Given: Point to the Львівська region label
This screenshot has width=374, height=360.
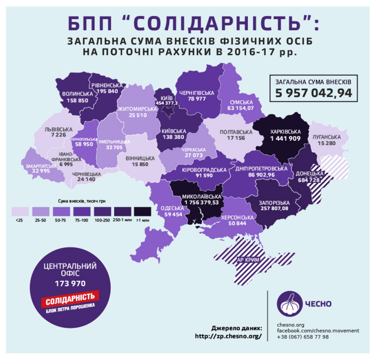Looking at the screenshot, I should [x=55, y=129].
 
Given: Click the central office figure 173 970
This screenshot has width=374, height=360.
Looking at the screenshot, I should [x=70, y=283].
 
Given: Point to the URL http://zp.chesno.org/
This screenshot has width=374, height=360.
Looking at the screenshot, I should [x=229, y=336].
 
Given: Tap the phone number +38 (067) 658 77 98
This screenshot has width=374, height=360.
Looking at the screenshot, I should [x=303, y=337].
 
